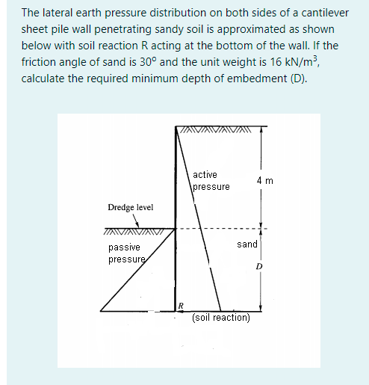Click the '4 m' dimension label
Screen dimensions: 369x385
pos(264,181)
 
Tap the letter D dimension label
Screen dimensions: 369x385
pos(259,266)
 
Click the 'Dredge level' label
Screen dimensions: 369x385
pos(131,206)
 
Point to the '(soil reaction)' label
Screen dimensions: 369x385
pos(220,317)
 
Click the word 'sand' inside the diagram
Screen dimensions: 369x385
pos(246,244)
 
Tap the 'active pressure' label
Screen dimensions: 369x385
pos(211,180)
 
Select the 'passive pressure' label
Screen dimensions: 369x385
pos(124,253)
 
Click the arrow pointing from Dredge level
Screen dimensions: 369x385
pos(137,221)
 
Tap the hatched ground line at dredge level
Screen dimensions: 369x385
pos(137,230)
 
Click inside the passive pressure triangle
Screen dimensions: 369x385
pos(146,288)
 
